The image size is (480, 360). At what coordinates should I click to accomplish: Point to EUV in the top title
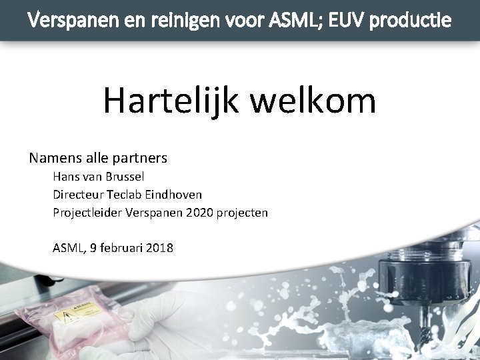[343, 20]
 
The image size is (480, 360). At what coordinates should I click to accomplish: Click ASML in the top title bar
[289, 20]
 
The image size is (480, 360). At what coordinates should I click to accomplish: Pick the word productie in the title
[410, 20]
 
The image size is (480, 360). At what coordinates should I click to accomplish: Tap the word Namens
[57, 159]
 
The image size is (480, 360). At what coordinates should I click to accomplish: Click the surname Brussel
[125, 177]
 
